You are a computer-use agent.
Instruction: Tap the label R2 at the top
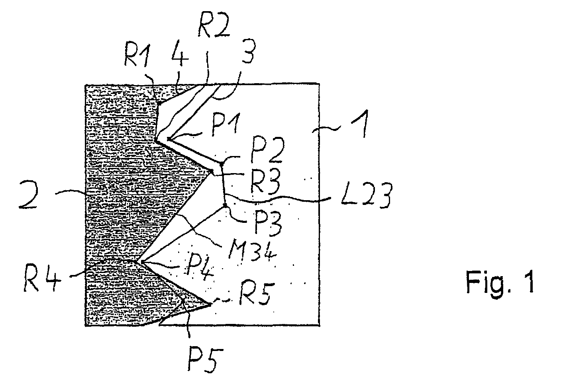[x=214, y=26]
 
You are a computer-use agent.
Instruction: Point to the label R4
[x=42, y=279]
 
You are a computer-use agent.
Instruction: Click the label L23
[x=366, y=197]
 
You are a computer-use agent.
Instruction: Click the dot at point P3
[x=225, y=205]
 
